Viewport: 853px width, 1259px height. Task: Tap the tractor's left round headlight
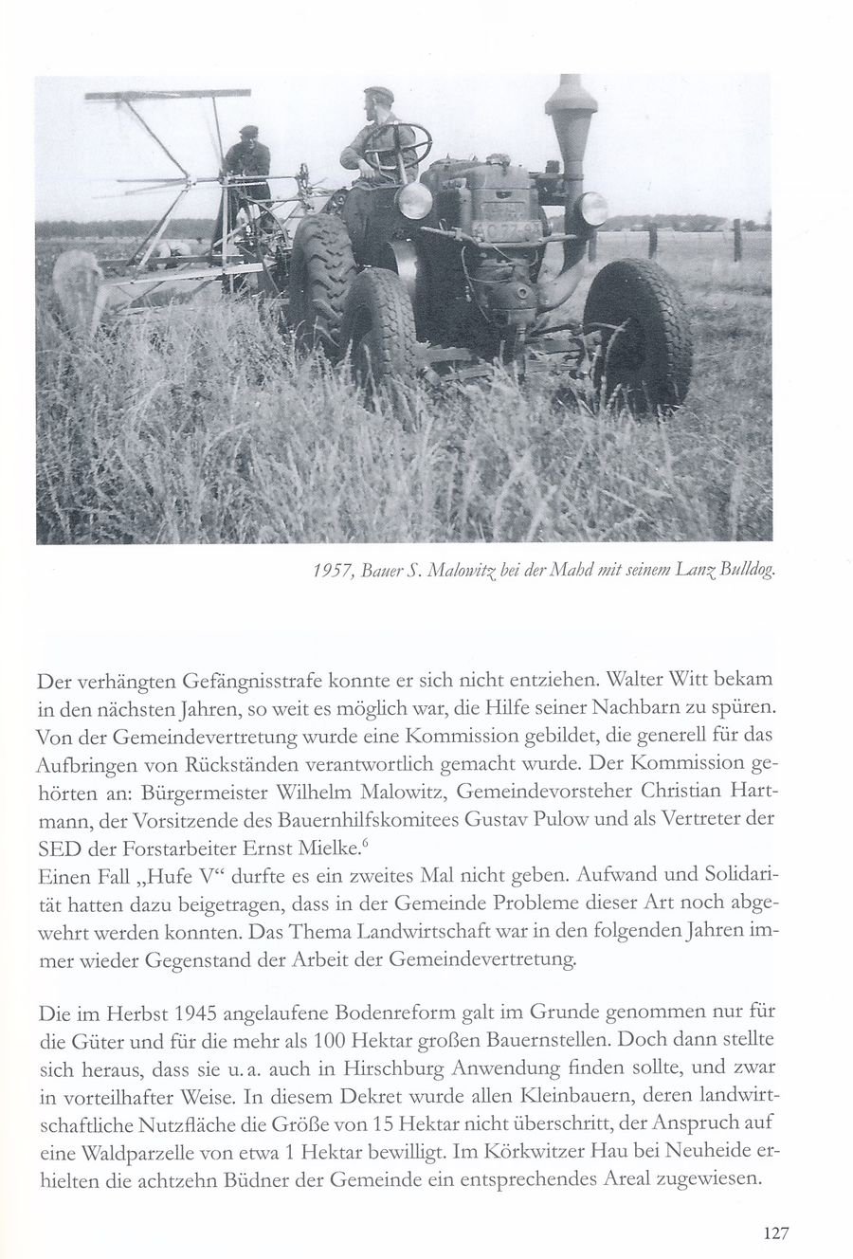[x=414, y=201]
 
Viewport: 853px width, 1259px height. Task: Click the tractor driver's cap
[x=378, y=94]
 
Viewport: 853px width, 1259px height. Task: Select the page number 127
[x=775, y=1233]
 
